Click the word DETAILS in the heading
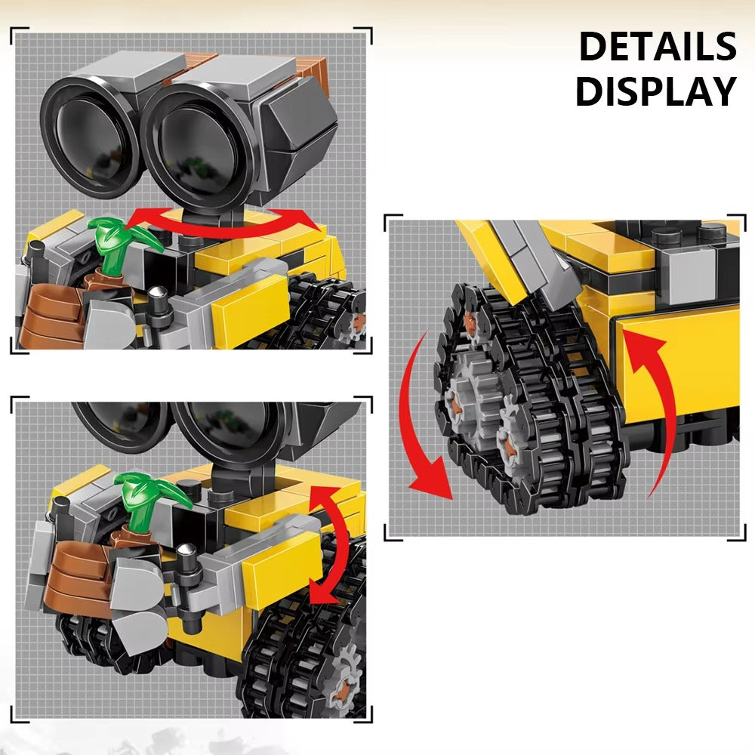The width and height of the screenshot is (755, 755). pyautogui.click(x=657, y=47)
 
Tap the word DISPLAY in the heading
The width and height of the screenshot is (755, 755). pyautogui.click(x=655, y=92)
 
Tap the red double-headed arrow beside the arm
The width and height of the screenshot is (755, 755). pyautogui.click(x=331, y=544)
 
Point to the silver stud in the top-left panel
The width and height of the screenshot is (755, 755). pyautogui.click(x=157, y=297)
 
